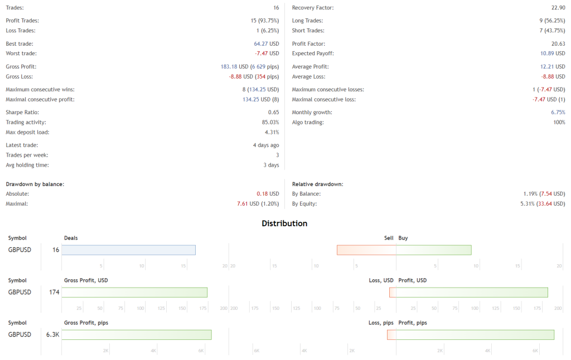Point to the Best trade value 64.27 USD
267,43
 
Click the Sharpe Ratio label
22,112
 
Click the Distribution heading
284,223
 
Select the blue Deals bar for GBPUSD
128,250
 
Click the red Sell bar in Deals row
366,250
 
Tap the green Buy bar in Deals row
433,250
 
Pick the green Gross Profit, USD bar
134,293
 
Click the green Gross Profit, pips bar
137,335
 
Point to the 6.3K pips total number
53,335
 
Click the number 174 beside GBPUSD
54,293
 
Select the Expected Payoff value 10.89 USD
553,53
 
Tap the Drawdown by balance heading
35,184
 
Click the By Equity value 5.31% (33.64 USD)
541,204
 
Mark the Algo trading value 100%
559,122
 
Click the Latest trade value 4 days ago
265,145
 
